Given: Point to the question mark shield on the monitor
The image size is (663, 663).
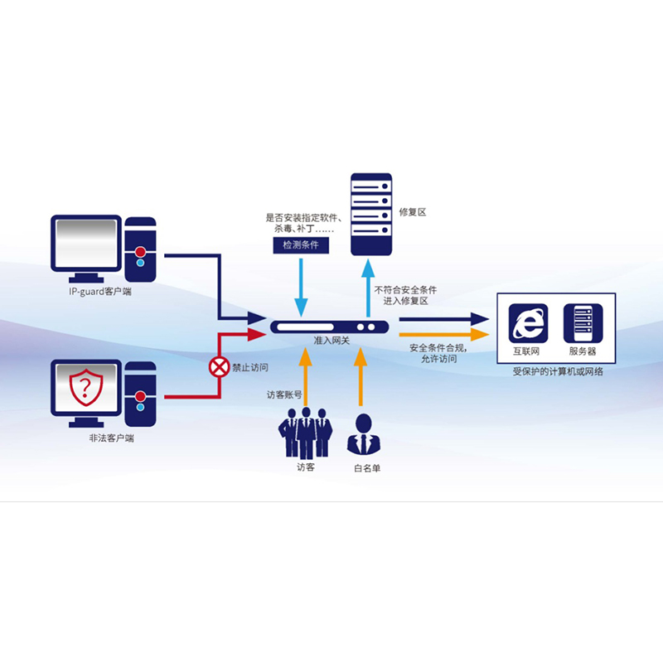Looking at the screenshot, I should point(85,387).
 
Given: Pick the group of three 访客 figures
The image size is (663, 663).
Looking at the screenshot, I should point(306,431).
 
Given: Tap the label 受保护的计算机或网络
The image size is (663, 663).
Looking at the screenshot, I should point(558,371).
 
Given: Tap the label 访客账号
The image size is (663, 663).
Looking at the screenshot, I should point(283,394).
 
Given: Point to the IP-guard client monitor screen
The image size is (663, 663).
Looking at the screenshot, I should point(86,243).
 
